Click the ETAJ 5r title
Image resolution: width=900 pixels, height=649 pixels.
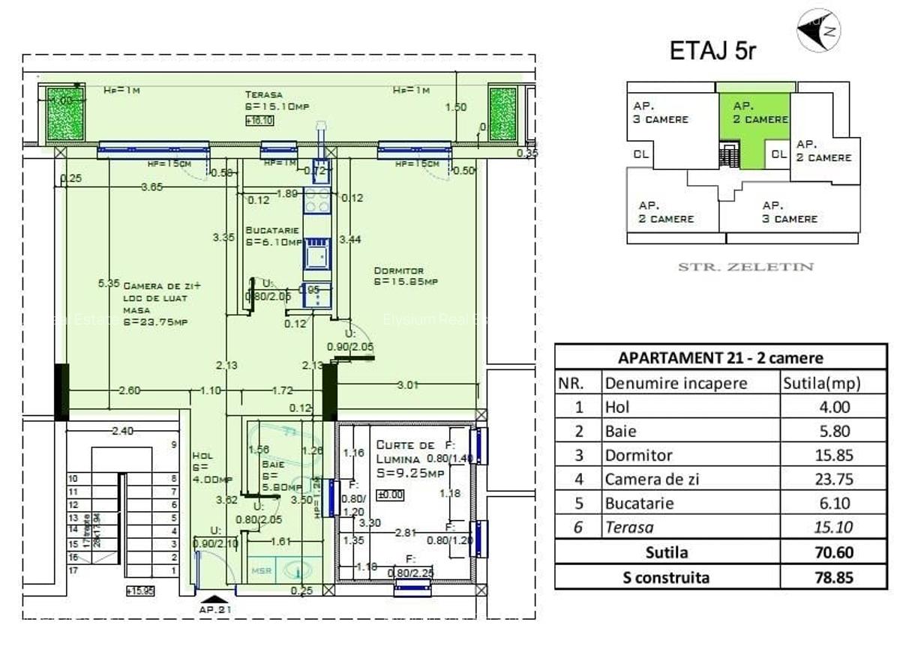[712, 51]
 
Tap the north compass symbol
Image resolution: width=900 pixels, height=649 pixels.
[818, 31]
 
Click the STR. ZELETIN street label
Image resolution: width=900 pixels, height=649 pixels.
[745, 267]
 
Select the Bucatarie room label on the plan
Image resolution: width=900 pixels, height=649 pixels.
[272, 231]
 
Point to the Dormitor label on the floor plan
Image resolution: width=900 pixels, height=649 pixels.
[399, 271]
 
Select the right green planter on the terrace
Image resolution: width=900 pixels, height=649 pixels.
[502, 113]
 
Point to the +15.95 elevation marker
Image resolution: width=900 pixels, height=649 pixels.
[140, 591]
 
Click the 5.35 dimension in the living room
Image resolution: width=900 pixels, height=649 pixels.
[109, 283]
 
